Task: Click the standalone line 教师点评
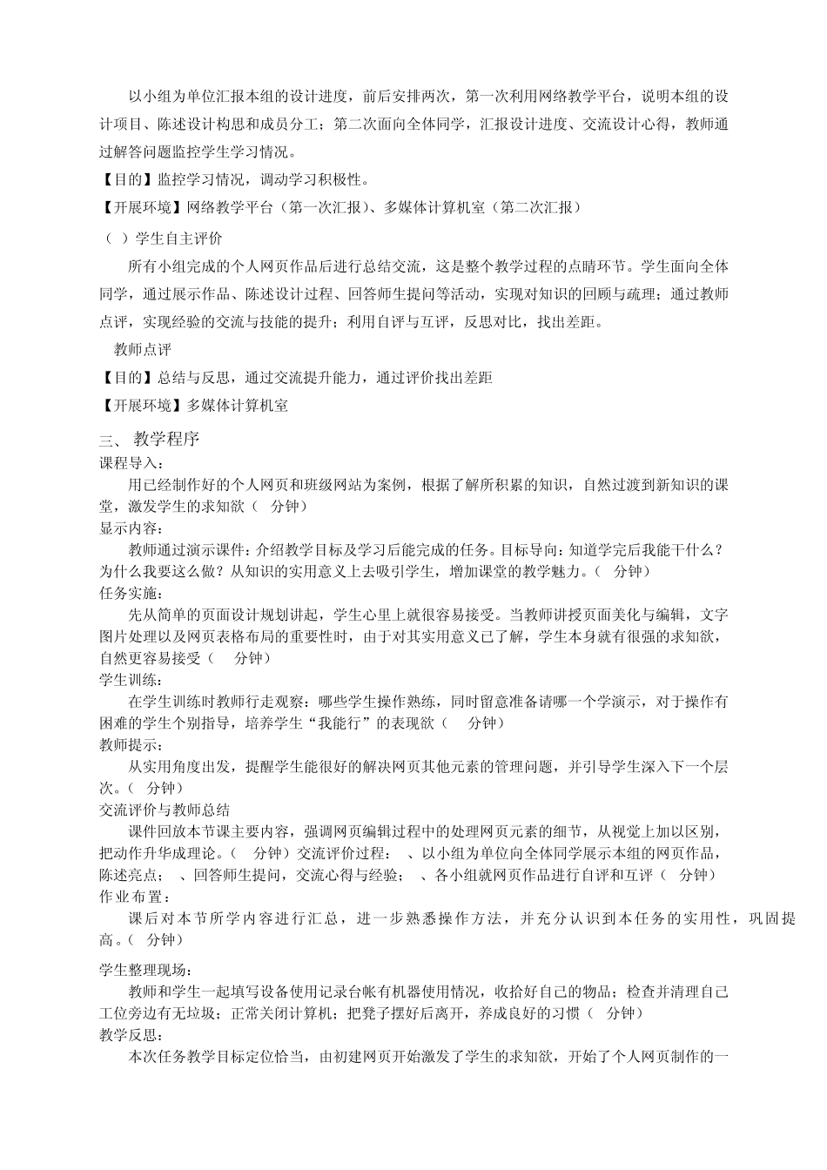point(143,350)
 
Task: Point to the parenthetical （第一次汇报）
point(325,207)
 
